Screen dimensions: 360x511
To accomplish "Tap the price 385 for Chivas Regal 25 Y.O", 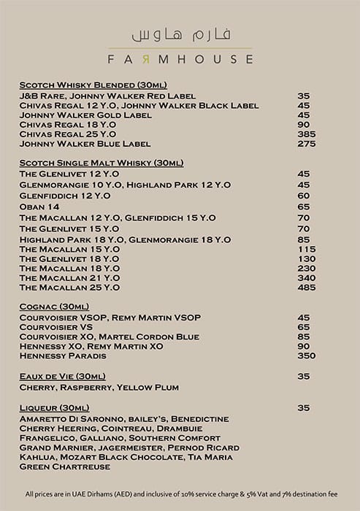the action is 306,134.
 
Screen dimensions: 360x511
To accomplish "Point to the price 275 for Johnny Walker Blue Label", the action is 306,145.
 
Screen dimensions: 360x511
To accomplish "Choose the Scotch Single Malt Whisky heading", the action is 102,163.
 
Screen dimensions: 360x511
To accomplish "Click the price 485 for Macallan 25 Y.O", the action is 306,288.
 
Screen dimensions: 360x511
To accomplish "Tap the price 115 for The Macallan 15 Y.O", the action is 306,249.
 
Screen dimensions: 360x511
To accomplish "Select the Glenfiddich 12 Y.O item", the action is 65,196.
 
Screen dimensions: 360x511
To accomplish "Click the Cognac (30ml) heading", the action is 55,307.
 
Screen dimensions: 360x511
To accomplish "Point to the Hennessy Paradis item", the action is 63,356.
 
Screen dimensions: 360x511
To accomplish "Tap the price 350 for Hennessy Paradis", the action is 306,356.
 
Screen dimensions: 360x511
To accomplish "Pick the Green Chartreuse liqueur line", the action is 65,467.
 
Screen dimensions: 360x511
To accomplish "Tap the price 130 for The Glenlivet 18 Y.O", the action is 306,259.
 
